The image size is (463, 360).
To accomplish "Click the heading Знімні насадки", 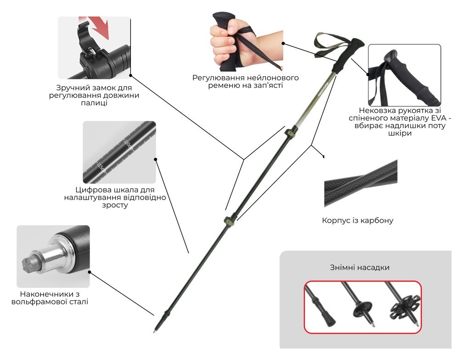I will coord(359,267).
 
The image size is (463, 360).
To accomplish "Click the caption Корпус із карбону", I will coord(358,220).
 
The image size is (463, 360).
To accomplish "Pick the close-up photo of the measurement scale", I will coord(119,152).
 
